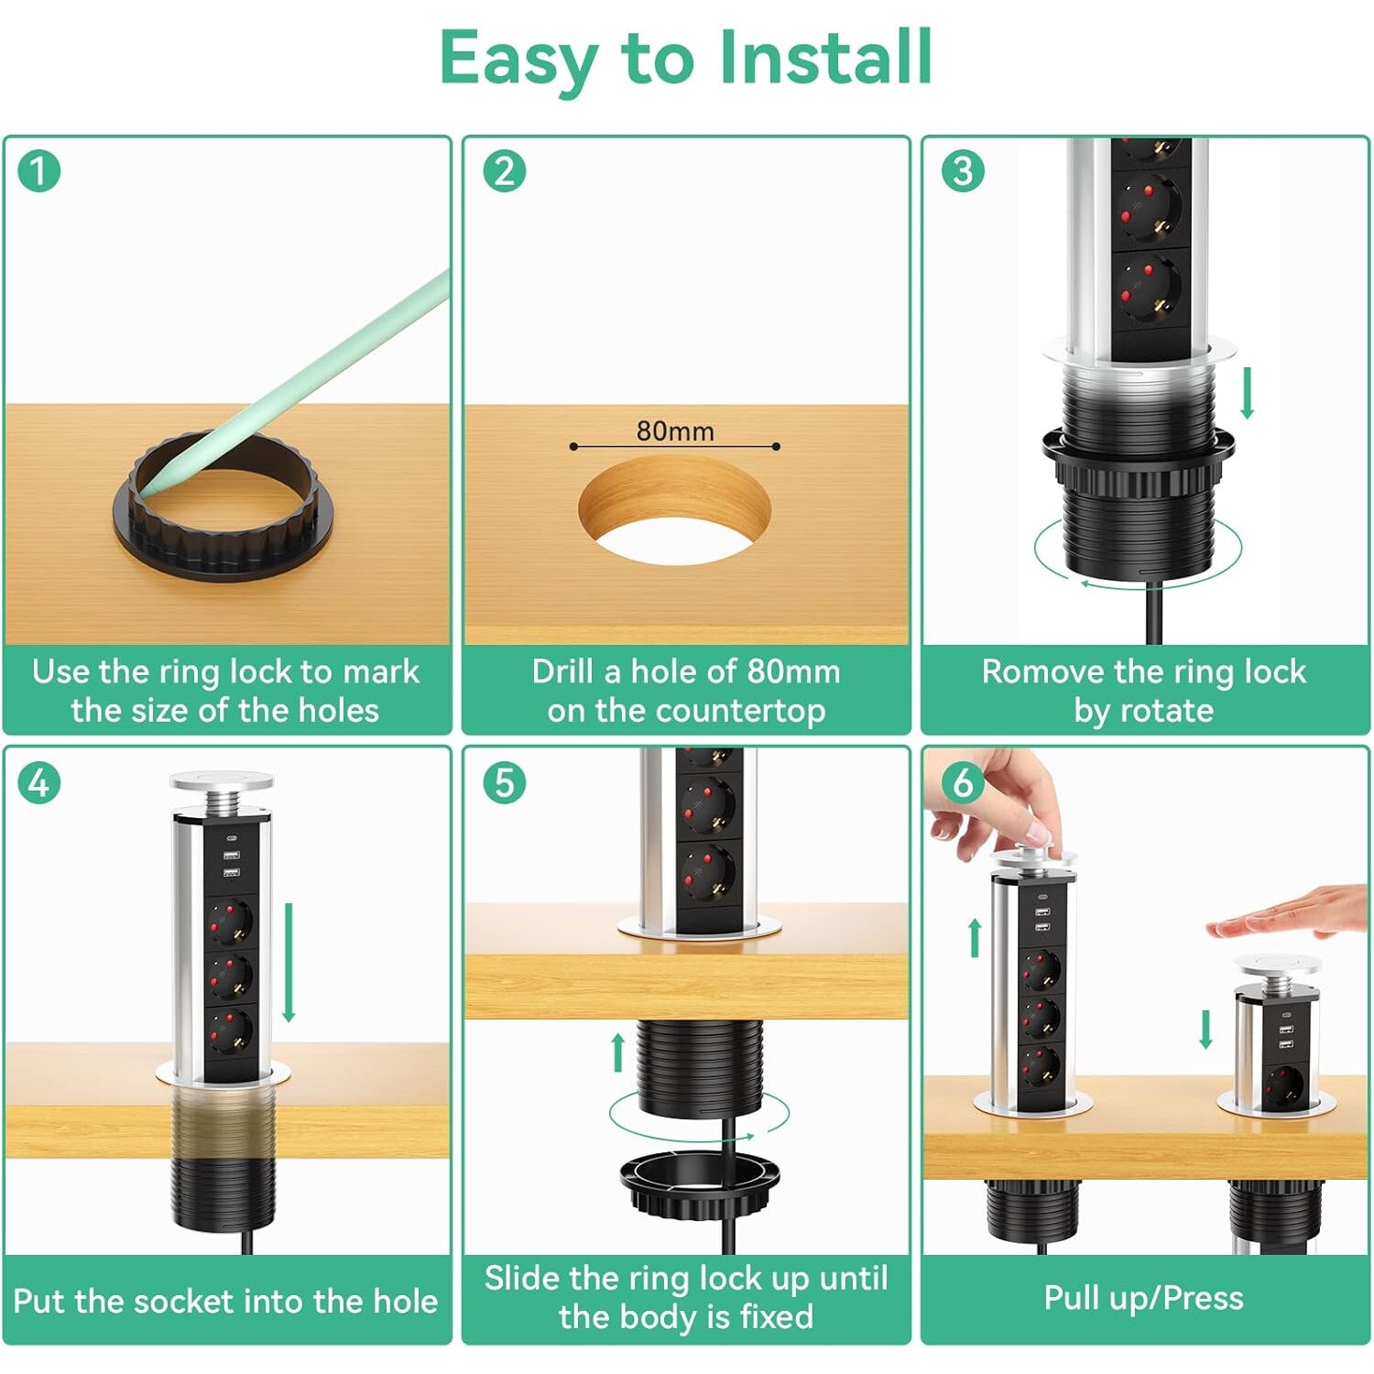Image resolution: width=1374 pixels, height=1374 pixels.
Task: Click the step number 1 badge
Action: click(38, 171)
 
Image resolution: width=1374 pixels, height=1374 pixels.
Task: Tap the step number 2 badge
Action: click(504, 171)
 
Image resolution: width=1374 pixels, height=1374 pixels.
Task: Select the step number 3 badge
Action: click(963, 171)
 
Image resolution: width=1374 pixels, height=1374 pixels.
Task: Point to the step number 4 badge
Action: click(38, 783)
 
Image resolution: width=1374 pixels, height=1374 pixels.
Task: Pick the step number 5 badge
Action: click(504, 783)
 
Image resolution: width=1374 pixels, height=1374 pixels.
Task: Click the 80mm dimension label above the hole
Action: click(675, 431)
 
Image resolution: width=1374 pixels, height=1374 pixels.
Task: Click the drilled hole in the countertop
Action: click(674, 511)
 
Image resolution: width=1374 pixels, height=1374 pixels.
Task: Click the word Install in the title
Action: click(825, 58)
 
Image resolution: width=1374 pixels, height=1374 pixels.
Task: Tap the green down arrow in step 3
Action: click(1247, 392)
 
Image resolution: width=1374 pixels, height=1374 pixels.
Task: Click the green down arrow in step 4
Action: click(289, 963)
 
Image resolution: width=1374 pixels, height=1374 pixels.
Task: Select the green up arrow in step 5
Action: click(618, 1052)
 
